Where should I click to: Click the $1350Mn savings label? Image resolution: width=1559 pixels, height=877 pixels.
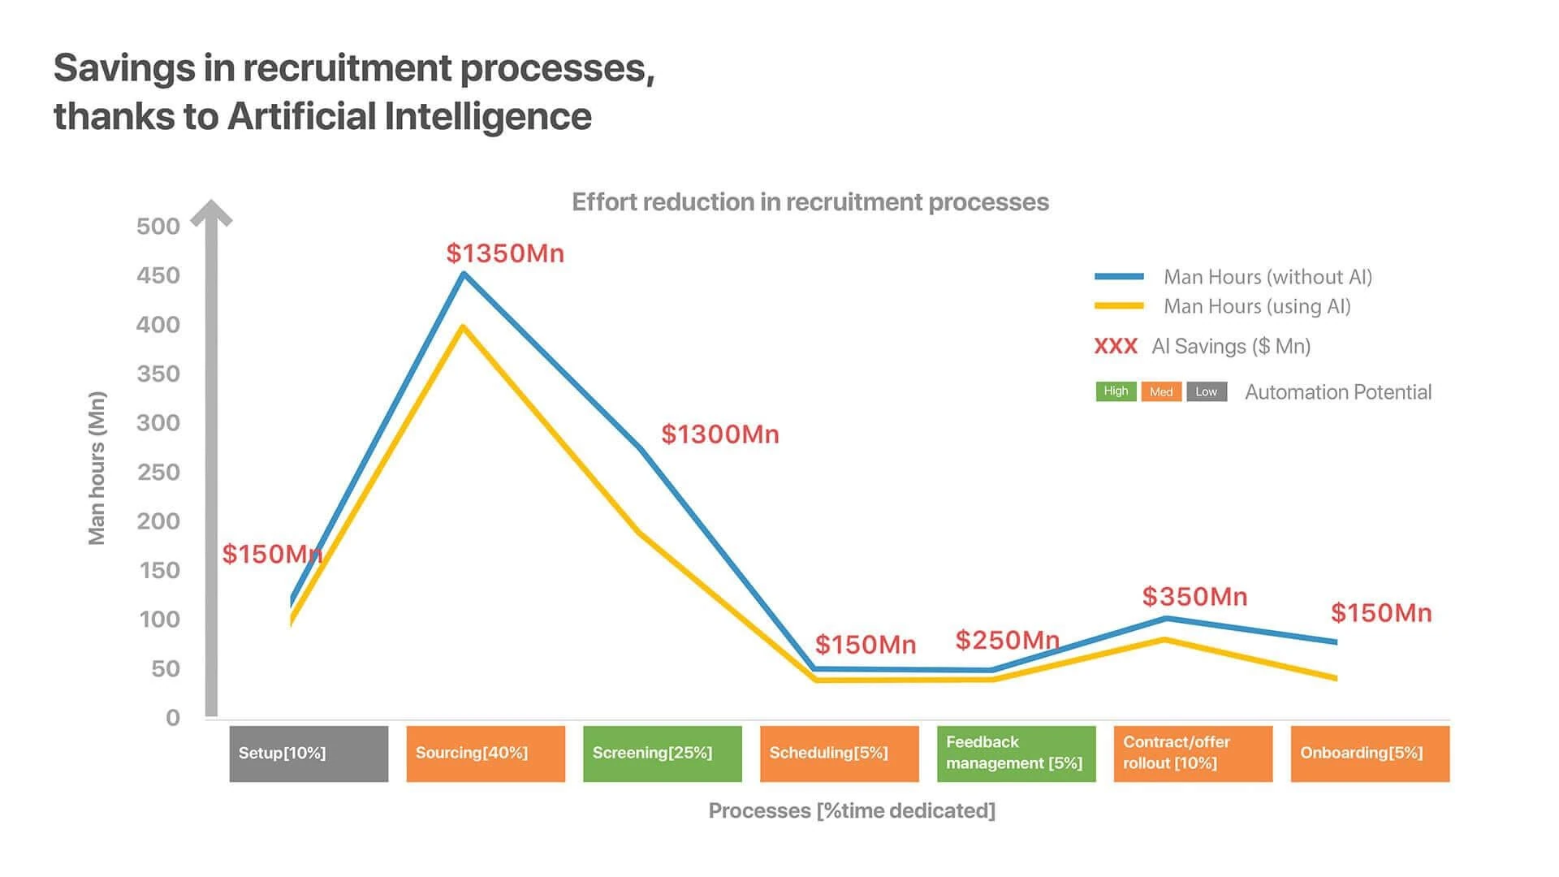505,253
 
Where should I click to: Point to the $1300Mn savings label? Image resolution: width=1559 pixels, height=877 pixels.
720,434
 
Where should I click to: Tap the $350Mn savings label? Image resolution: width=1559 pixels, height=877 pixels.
1194,597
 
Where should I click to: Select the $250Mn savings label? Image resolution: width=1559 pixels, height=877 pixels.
1008,640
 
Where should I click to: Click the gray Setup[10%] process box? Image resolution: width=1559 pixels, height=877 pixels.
309,754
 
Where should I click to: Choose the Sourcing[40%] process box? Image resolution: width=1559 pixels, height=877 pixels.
486,754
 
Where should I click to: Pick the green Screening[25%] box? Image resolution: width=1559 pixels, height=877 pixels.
663,754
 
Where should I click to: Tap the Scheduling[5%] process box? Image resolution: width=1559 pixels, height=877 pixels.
840,754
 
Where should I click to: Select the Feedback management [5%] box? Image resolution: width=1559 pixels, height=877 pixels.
1017,754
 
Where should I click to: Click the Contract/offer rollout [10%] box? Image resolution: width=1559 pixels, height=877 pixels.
1193,754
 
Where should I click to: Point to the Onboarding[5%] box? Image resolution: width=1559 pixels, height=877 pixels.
1370,754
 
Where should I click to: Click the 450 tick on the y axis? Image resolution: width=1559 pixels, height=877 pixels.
158,275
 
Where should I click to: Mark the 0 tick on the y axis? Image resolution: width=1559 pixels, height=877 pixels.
173,718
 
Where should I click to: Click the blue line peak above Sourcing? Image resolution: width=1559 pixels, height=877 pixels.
464,274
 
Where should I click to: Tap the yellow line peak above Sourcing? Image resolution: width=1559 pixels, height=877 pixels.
463,326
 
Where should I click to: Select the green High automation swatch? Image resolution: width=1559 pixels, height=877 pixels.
1116,391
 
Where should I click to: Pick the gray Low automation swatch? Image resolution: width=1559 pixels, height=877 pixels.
1207,391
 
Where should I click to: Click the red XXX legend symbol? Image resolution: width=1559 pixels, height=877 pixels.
1116,347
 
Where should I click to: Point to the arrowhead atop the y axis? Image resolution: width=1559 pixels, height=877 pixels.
211,212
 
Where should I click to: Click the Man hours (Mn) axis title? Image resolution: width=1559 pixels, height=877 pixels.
97,469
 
